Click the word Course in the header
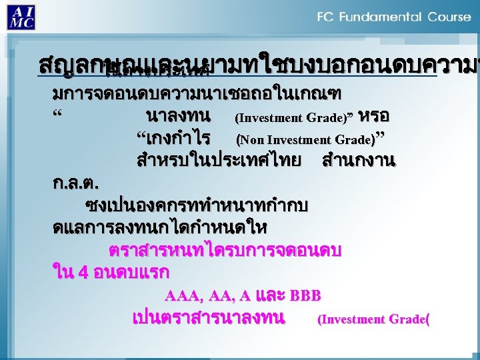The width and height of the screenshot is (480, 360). point(447,17)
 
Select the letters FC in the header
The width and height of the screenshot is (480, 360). point(327,17)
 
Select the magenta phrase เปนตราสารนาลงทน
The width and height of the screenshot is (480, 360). point(209,318)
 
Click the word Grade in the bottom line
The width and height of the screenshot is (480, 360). point(409,319)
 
